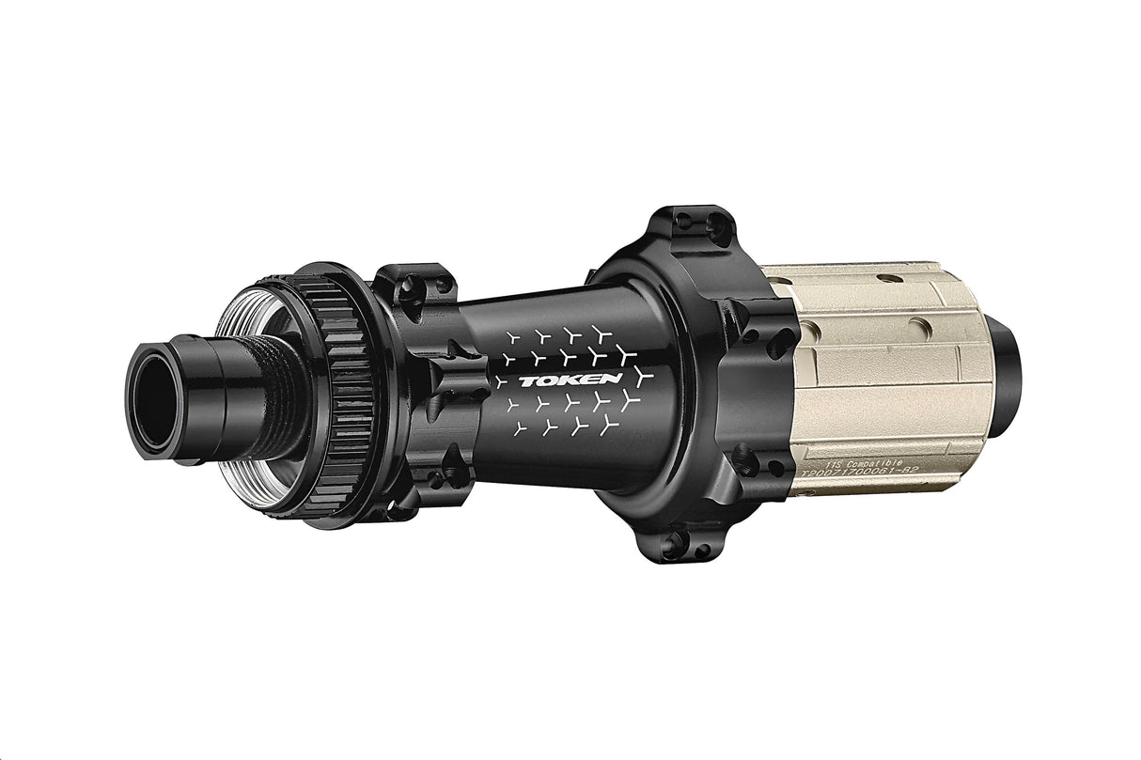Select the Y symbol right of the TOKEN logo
coord(642,378)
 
